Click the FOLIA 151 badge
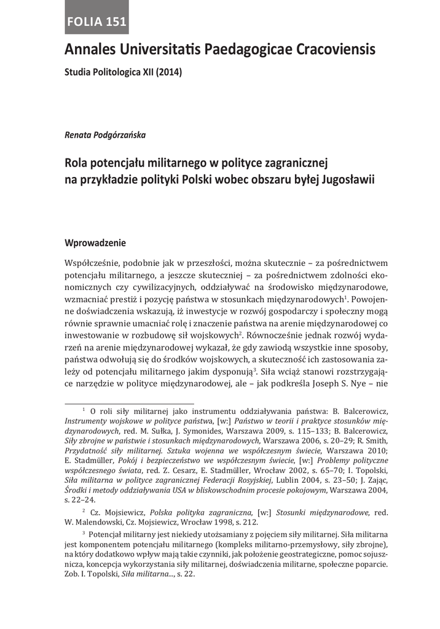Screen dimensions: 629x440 pyautogui.click(x=98, y=23)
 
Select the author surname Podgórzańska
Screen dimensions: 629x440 pyautogui.click(x=125, y=135)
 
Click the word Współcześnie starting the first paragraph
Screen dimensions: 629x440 pyautogui.click(x=92, y=263)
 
